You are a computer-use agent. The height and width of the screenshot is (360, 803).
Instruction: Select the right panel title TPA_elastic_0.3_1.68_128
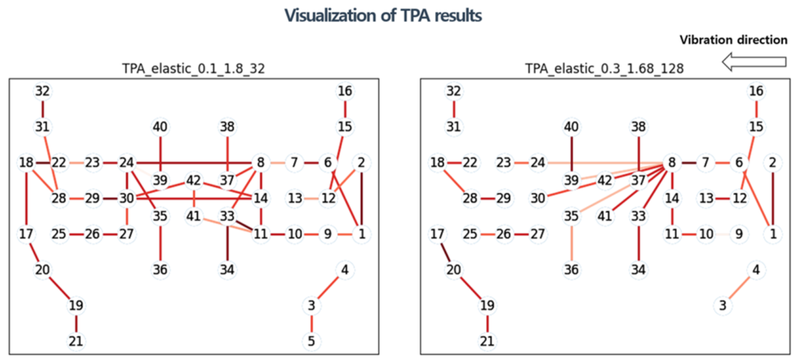pyautogui.click(x=604, y=69)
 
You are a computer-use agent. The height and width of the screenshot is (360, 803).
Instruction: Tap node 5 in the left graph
pyautogui.click(x=311, y=341)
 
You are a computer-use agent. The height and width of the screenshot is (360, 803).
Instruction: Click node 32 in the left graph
pyautogui.click(x=42, y=91)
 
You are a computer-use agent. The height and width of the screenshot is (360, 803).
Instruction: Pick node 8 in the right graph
pyautogui.click(x=672, y=163)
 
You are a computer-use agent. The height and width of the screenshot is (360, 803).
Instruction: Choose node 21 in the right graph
pyautogui.click(x=487, y=341)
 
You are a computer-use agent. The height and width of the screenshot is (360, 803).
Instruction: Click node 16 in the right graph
pyautogui.click(x=756, y=91)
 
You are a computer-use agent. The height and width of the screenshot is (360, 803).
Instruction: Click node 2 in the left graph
pyautogui.click(x=362, y=163)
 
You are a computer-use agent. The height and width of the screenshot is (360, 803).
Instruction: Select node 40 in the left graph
pyautogui.click(x=160, y=126)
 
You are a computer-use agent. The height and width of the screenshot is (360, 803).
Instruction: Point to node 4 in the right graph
pyautogui.click(x=756, y=270)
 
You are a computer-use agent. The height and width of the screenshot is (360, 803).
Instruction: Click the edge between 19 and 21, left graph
pyautogui.click(x=76, y=323)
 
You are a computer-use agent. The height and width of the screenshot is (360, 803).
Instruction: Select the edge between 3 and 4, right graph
pyautogui.click(x=739, y=288)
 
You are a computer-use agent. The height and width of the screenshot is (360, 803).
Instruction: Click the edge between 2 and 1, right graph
pyautogui.click(x=773, y=198)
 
